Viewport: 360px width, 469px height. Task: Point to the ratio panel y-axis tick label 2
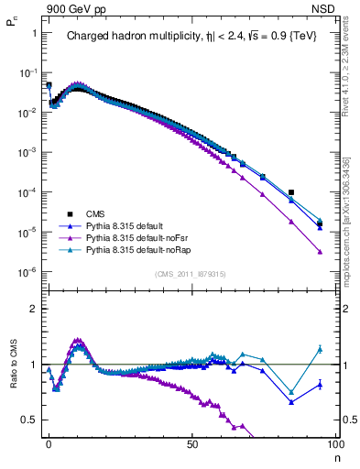point(34,309)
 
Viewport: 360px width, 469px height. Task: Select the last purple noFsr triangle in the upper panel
point(320,252)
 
